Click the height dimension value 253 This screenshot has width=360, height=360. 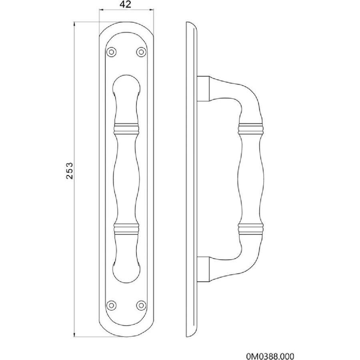(x=70, y=170)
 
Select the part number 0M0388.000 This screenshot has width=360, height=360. (x=270, y=356)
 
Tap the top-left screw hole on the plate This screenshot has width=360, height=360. (x=112, y=52)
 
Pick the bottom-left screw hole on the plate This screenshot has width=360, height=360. (x=112, y=305)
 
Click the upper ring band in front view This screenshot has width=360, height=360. (x=126, y=129)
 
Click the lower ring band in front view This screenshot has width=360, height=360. (x=126, y=229)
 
